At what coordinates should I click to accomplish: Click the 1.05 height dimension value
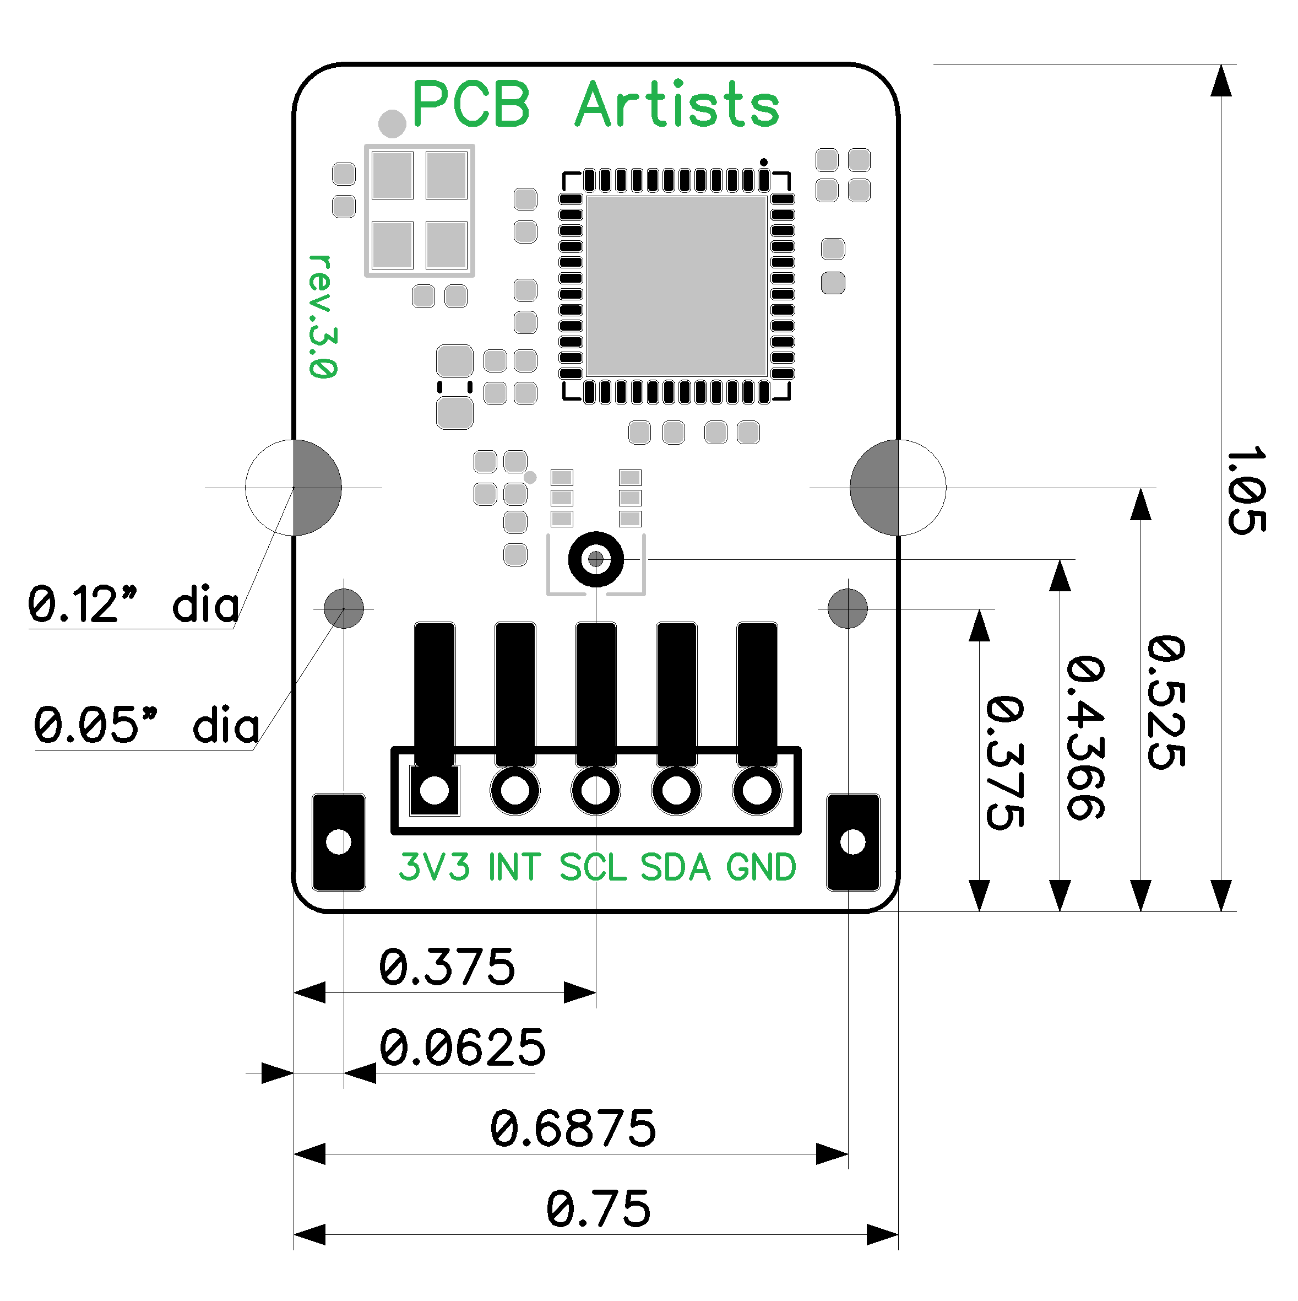[1246, 490]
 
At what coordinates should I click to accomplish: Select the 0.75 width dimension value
[598, 1209]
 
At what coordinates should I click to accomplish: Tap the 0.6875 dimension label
[573, 1129]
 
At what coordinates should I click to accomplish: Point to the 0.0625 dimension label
[462, 1048]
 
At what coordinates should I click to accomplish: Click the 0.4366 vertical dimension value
[1085, 737]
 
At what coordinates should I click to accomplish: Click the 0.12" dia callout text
[133, 604]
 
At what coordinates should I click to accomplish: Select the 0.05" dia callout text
[146, 725]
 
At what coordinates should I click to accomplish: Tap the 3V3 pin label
[434, 867]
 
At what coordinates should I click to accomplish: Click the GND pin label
[761, 867]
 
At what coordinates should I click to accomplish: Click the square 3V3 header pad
[434, 791]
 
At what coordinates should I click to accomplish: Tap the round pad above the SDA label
[676, 791]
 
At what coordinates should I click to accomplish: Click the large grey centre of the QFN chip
[676, 285]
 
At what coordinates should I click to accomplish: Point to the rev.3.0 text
[322, 316]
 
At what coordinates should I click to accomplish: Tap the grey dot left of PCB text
[392, 123]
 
